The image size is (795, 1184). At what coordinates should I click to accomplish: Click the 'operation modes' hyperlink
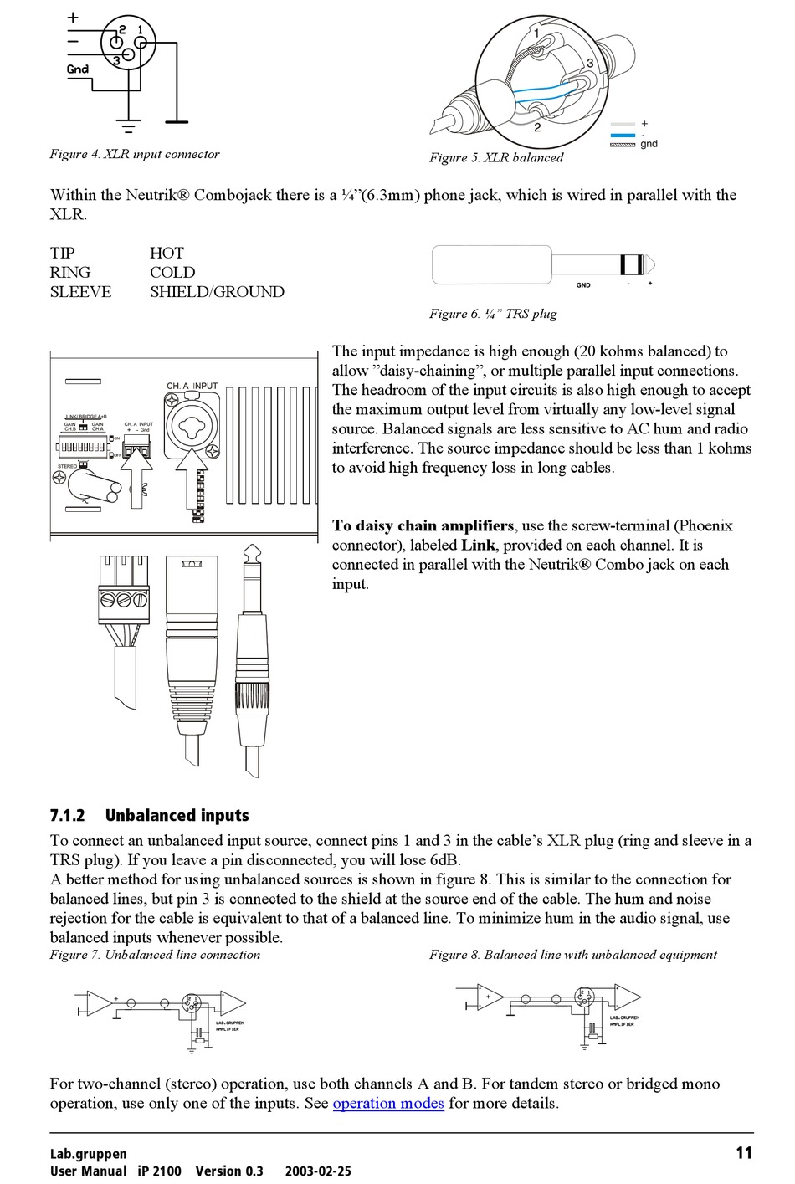[x=388, y=1103]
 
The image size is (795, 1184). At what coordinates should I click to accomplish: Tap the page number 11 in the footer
[x=744, y=1153]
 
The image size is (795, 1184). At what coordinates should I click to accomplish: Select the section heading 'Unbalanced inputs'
[x=177, y=815]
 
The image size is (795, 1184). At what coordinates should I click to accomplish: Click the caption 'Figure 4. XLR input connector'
[x=135, y=154]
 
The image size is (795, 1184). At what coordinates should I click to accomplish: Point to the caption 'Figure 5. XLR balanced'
[x=496, y=157]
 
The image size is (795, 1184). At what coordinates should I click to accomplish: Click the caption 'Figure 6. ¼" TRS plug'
[x=493, y=314]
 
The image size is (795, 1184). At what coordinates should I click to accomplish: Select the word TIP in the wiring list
[x=62, y=253]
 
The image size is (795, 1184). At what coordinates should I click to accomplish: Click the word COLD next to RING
[x=172, y=272]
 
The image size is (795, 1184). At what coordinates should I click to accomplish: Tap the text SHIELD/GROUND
[x=217, y=292]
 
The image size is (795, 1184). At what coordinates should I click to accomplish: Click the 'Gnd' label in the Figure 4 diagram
[x=78, y=69]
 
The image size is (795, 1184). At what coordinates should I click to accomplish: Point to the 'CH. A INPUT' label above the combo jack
[x=192, y=386]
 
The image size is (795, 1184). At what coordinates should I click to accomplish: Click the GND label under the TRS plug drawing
[x=583, y=285]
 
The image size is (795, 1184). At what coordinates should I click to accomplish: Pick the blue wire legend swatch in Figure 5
[x=623, y=134]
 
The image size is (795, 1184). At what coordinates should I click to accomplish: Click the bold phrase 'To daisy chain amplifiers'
[x=423, y=525]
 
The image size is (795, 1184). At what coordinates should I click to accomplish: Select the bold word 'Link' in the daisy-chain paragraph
[x=478, y=545]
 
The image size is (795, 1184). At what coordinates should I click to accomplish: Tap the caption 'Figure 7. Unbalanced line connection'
[x=155, y=955]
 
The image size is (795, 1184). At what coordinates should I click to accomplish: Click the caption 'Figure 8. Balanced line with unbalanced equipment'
[x=573, y=955]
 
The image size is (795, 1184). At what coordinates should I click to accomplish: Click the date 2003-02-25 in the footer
[x=318, y=1171]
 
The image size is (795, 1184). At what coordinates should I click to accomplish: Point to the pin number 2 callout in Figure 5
[x=537, y=128]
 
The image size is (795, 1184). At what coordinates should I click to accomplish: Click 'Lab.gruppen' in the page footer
[x=89, y=1154]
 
